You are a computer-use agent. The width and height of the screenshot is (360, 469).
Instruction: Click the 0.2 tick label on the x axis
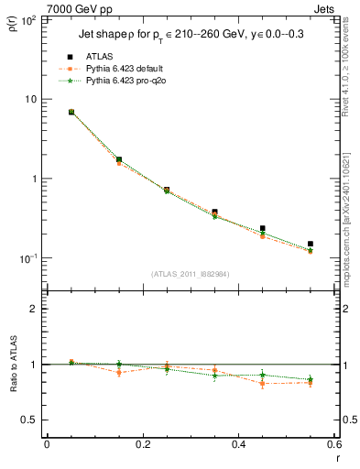pos(142,445)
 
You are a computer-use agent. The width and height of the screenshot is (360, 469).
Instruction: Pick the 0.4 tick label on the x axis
pos(238,445)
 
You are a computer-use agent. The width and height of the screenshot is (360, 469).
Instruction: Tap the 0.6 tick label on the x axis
pos(333,445)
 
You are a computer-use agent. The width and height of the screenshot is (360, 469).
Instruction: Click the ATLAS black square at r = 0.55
pos(311,245)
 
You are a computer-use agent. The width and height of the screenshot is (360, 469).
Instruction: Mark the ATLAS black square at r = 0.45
pos(263,228)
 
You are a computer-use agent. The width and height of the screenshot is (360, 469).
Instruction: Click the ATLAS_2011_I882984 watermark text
pos(190,275)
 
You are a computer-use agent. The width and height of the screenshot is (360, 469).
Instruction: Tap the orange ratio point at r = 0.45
pos(263,384)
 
